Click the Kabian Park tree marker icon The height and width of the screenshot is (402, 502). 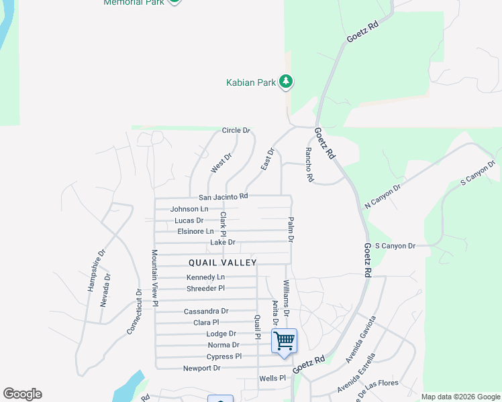tap(287, 82)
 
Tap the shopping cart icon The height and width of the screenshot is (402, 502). tap(284, 341)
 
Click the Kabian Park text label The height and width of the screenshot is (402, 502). tap(250, 82)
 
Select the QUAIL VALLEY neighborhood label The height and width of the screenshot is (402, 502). tap(223, 262)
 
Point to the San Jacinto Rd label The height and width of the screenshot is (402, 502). tap(223, 196)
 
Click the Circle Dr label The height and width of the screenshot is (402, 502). tap(236, 130)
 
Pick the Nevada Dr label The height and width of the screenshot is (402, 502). tap(105, 290)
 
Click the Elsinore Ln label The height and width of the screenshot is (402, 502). tap(195, 231)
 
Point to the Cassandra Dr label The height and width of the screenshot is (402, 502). tap(206, 311)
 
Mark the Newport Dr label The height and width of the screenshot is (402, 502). tap(202, 368)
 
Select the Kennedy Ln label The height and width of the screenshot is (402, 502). tap(205, 277)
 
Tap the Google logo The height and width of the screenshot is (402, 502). tap(22, 394)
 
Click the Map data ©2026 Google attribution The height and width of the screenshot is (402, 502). tap(460, 397)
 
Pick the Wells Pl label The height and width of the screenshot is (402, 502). tap(272, 378)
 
